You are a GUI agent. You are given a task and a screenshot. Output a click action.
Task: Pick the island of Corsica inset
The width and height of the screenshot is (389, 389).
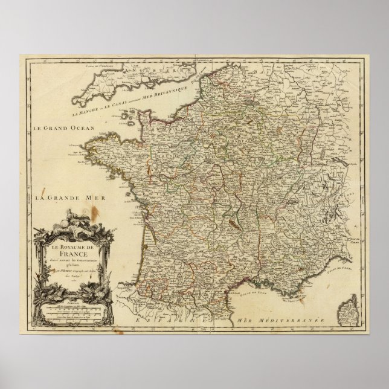point(346,310)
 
